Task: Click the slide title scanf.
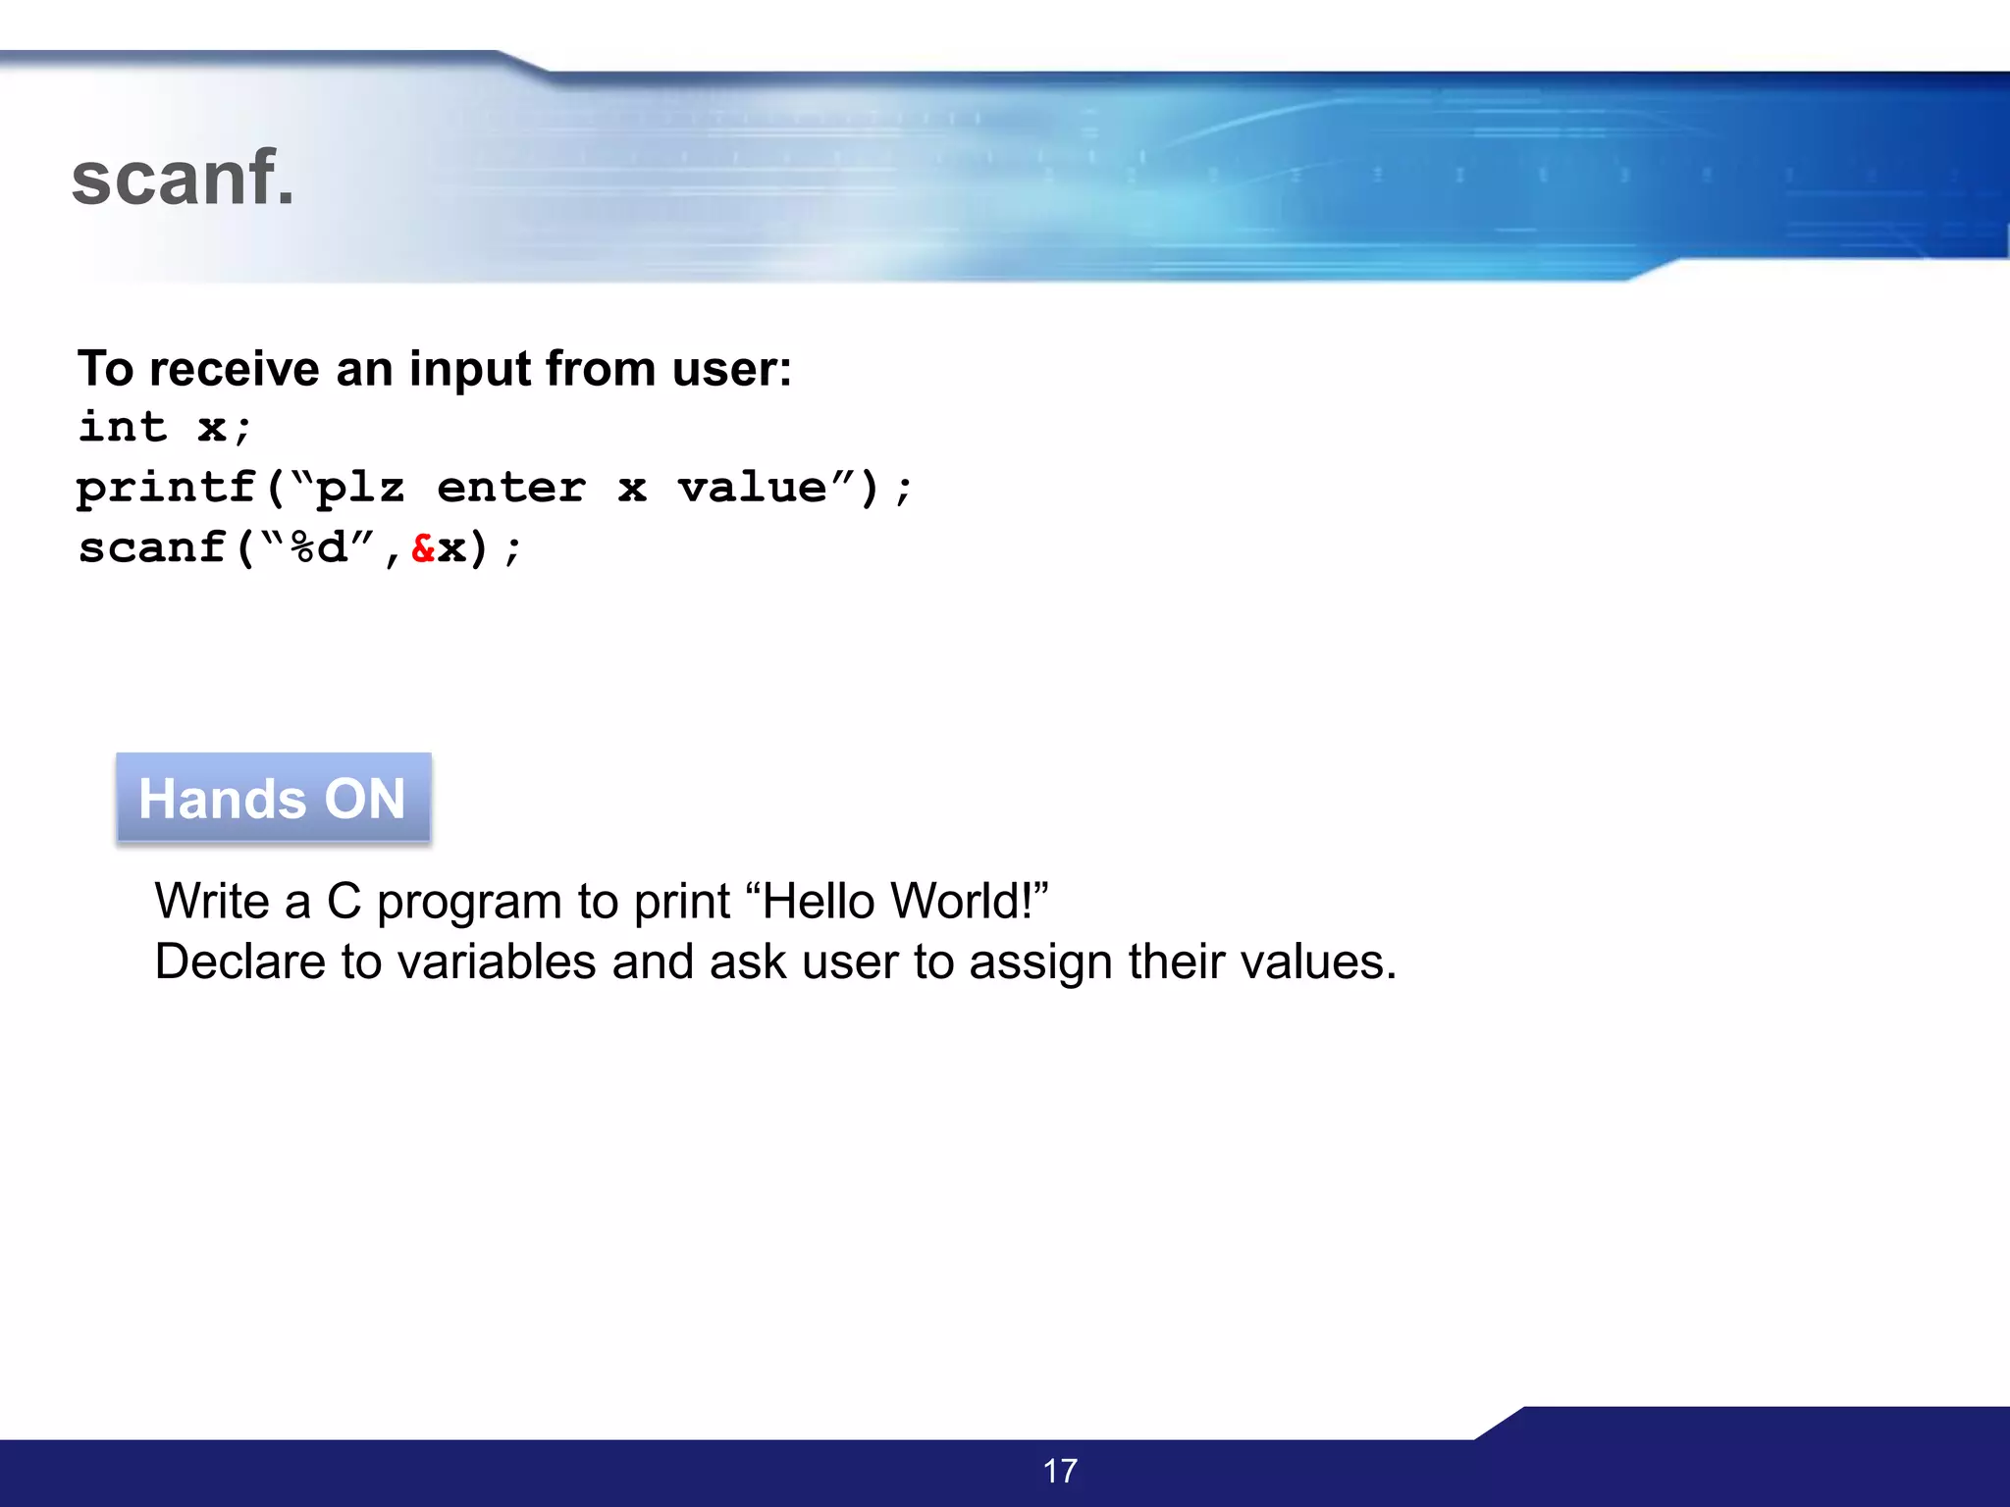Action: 183,179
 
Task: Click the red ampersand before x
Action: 423,547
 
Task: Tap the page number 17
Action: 1060,1471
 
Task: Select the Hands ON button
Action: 273,798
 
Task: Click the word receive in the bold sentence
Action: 235,370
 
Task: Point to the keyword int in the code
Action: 123,428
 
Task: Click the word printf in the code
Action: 166,488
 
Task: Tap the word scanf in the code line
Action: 152,547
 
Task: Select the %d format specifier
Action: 319,547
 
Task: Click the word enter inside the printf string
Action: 510,488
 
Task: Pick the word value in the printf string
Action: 752,488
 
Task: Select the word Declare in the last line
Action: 239,961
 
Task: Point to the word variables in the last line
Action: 497,961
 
